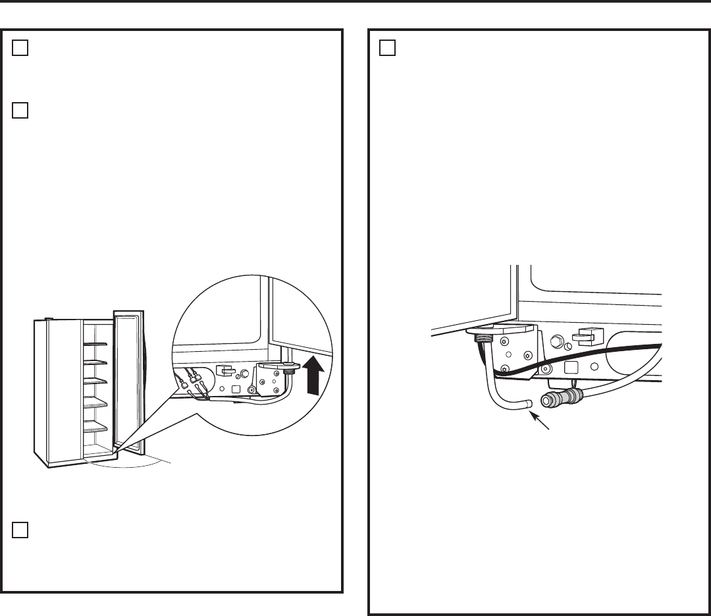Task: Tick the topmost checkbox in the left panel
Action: tap(20, 49)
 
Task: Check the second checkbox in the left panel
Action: tap(20, 110)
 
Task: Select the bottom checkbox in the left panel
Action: tap(20, 530)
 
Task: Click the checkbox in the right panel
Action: tap(388, 49)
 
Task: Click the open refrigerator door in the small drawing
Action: tap(127, 382)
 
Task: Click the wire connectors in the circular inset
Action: tap(189, 381)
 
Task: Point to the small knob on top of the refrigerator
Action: tap(49, 320)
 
